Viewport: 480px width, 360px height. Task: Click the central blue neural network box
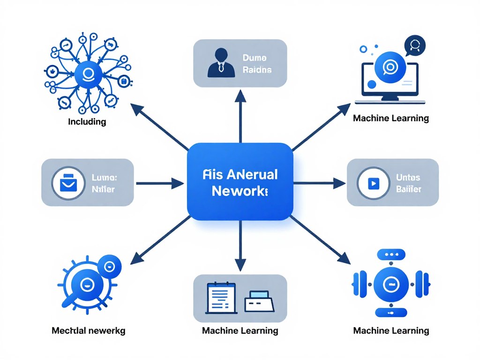coord(240,181)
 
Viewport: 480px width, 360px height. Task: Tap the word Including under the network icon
coord(87,122)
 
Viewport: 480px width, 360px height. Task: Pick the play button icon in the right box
coord(374,183)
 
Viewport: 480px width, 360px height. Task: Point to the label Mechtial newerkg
coord(88,330)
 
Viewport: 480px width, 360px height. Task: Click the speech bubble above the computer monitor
coord(414,46)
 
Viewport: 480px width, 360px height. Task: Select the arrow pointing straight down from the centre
coord(240,248)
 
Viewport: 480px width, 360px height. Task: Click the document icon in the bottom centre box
coord(220,298)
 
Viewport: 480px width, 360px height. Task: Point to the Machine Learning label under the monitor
coord(391,118)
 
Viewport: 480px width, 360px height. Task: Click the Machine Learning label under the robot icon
coord(391,330)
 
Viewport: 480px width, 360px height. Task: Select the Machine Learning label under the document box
coord(240,330)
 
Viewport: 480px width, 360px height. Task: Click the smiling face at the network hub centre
coord(88,74)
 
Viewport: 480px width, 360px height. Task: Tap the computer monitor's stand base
coord(390,100)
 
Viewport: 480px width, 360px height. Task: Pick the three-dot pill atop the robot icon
coord(390,254)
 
